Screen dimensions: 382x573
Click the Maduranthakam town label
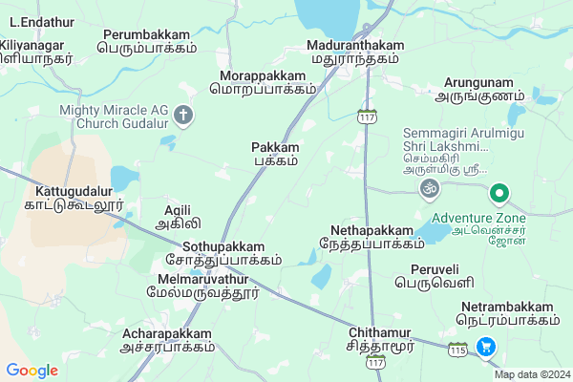click(354, 52)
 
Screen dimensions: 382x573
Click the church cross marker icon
click(183, 117)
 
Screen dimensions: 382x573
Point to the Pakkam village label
click(275, 154)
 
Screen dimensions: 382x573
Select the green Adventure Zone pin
click(498, 195)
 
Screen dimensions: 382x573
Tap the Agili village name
click(178, 217)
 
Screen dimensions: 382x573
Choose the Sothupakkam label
click(223, 252)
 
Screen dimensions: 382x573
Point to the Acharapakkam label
click(168, 340)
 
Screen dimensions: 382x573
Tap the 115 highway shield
click(458, 350)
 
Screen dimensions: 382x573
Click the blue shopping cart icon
click(486, 348)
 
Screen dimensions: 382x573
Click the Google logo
click(32, 370)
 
